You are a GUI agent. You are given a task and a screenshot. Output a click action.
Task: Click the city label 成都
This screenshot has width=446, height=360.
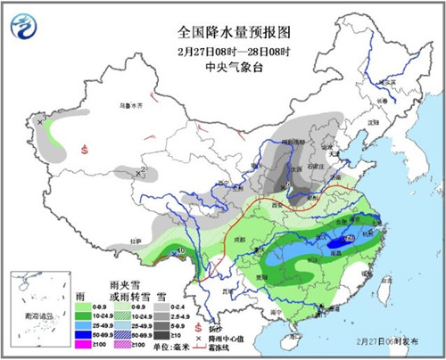(213, 239)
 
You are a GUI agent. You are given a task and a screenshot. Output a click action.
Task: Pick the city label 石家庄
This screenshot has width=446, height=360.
(315, 164)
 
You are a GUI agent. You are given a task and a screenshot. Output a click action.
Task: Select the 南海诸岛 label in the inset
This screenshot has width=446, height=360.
(39, 315)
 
